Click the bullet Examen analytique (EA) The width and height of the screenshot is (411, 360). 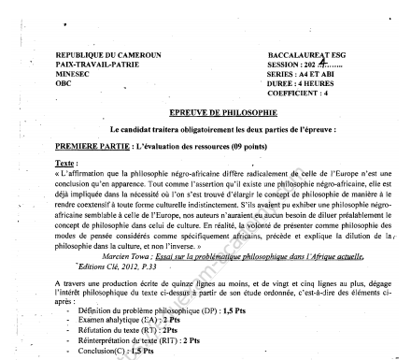[121, 324]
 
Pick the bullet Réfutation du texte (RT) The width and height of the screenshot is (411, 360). [122, 334]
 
